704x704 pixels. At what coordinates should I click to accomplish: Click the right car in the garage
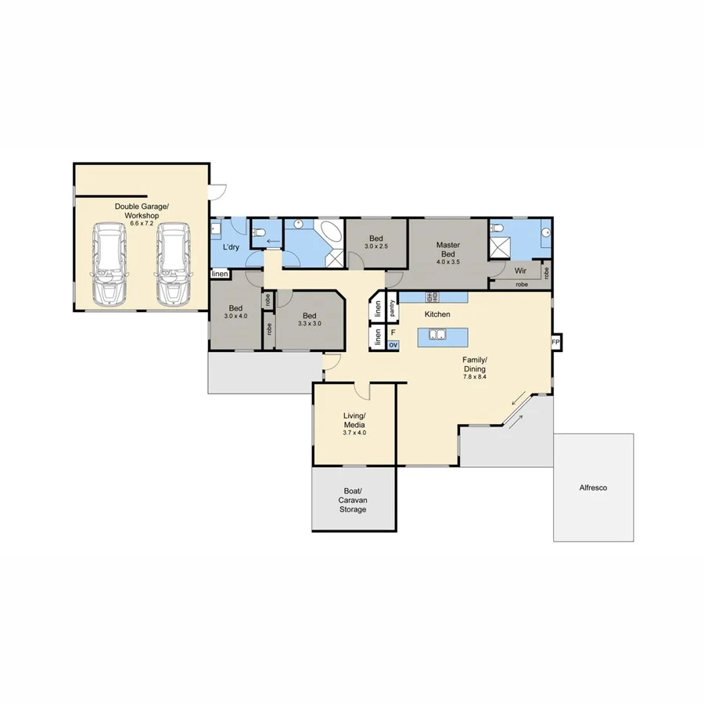172,264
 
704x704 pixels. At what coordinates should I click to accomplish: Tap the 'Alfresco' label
593,487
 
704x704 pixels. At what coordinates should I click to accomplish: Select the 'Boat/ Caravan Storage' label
352,500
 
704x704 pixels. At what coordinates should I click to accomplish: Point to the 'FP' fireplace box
556,343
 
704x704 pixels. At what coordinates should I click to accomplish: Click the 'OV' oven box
393,344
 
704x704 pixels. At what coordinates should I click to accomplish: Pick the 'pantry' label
392,307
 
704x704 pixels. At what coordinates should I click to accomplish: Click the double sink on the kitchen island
435,336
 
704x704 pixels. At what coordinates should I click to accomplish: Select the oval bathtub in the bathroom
330,232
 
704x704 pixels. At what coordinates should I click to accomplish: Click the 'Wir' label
519,271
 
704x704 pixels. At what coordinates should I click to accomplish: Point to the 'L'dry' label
231,247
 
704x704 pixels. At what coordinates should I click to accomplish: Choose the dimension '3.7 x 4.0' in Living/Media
354,433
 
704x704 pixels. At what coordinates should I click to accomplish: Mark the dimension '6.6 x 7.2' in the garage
137,224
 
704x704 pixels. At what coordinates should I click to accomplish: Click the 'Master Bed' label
447,250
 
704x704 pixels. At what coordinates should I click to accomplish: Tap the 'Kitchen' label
437,314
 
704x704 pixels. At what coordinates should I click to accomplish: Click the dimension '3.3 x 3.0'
309,323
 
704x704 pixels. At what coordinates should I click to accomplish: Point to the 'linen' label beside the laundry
220,275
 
